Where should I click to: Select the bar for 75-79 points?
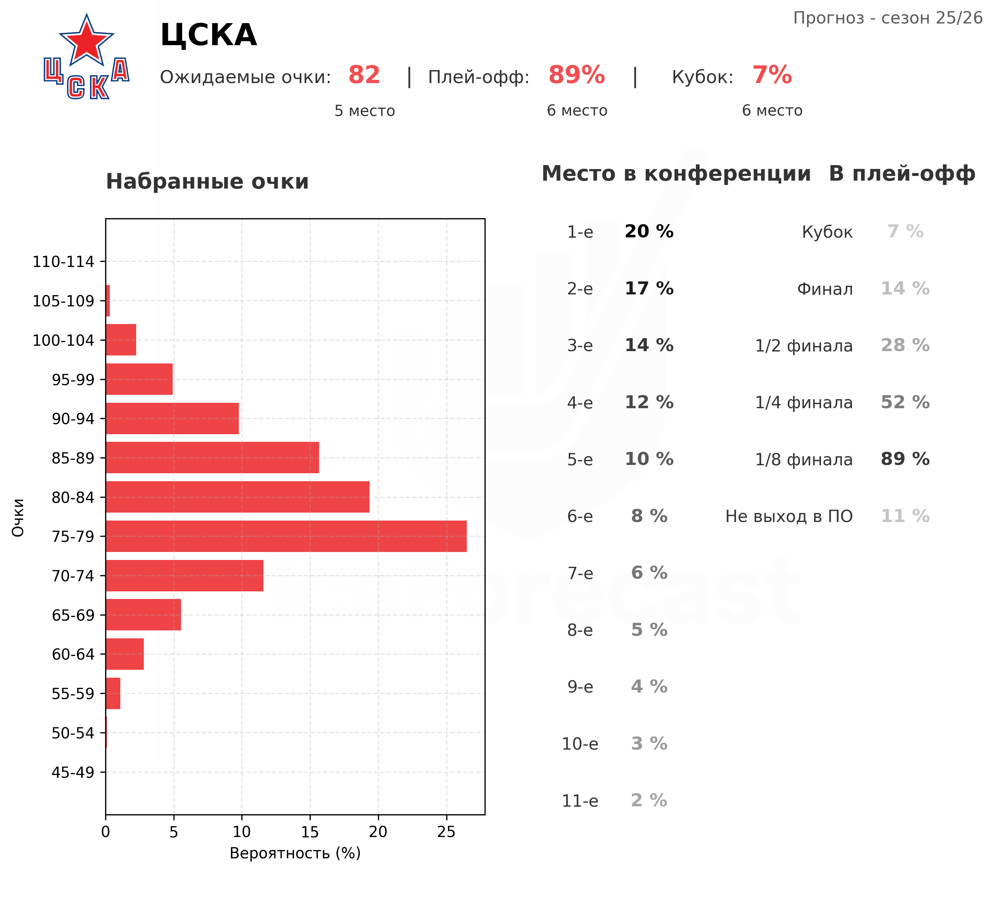pos(286,536)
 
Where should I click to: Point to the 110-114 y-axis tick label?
pos(64,261)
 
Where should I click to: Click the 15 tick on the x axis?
pos(310,832)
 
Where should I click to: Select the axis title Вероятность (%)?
pos(295,853)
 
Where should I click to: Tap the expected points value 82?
pos(364,76)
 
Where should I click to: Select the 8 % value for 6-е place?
pos(649,516)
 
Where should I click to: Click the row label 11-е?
pos(580,801)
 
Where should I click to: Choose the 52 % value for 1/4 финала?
pos(905,402)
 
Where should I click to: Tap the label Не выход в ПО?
pos(789,516)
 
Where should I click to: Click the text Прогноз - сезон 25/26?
pos(888,18)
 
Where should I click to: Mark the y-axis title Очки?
pos(18,517)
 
